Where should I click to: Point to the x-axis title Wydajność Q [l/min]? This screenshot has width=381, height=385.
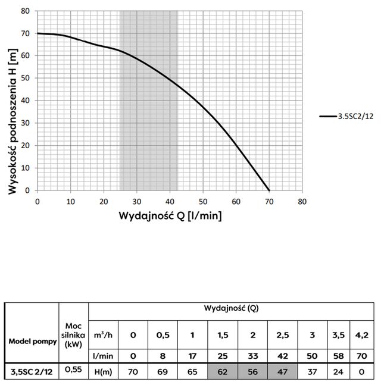171,215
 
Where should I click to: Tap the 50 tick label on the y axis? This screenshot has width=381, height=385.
25,78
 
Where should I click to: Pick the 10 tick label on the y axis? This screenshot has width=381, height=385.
25,168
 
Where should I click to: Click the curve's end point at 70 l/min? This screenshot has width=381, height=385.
269,190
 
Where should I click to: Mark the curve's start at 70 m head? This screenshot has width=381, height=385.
38,33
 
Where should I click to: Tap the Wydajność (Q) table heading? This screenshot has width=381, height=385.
232,309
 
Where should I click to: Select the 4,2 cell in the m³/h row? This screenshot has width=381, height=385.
362,334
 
